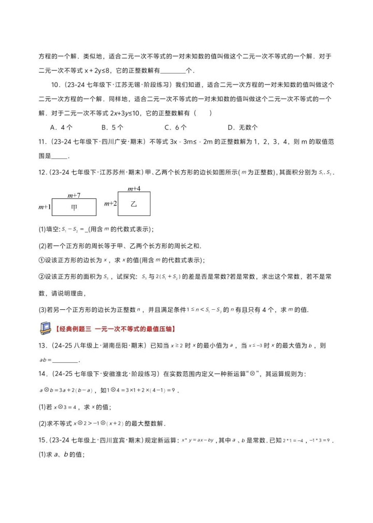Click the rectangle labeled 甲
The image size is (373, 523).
tap(75, 207)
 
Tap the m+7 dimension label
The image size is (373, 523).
tap(74, 195)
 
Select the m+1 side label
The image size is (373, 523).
tap(45, 207)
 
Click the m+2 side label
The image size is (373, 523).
tap(110, 204)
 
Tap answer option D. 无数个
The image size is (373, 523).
tap(243, 127)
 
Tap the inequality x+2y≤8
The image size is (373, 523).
tap(119, 71)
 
